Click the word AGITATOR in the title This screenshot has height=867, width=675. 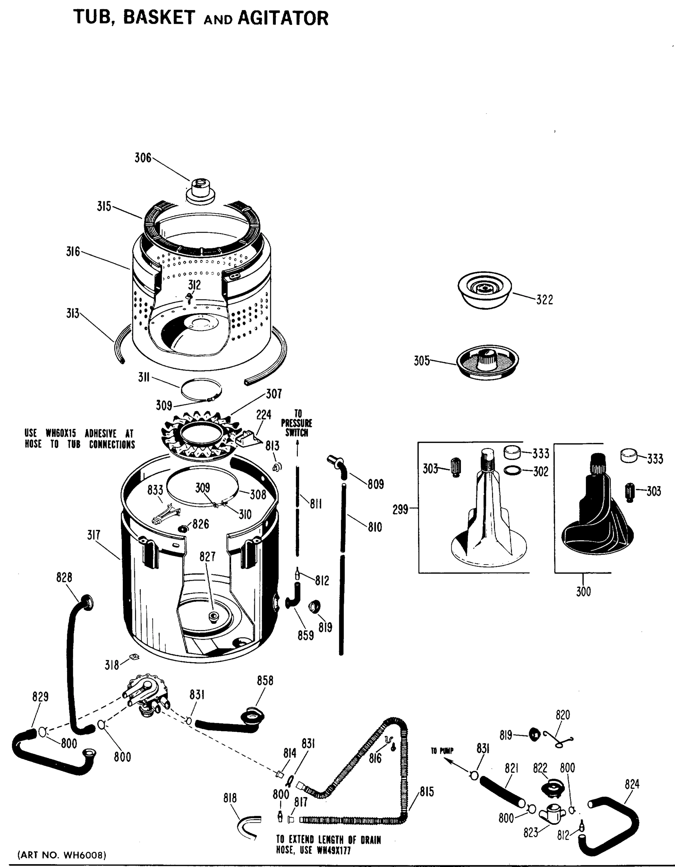pos(283,19)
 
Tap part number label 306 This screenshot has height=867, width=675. pos(143,158)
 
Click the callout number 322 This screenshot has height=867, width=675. pos(545,300)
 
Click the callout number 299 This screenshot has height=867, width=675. pos(400,509)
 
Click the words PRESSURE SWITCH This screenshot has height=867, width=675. pos(297,428)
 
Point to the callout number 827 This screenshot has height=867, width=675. pos(208,556)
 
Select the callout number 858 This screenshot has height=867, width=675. pos(265,681)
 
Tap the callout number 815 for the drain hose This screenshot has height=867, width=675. pos(427,791)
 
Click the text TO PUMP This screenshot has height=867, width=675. pos(442,751)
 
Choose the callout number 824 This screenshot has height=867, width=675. pos(632,784)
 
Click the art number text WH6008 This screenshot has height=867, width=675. pos(84,855)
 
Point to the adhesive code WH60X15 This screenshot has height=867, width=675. pos(61,433)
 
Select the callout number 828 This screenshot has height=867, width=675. pos(64,577)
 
